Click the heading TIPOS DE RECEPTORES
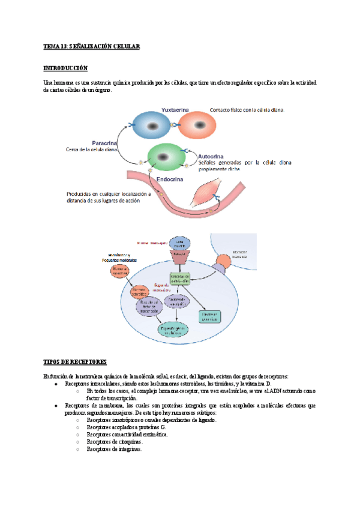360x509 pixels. pyautogui.click(x=75, y=362)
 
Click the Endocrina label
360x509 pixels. pyautogui.click(x=170, y=178)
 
